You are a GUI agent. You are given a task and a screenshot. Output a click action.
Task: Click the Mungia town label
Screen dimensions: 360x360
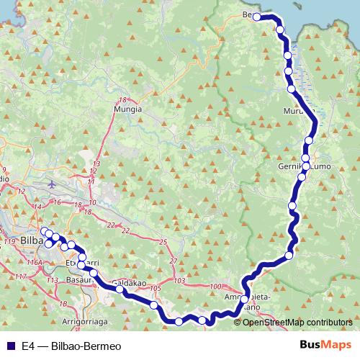(127, 109)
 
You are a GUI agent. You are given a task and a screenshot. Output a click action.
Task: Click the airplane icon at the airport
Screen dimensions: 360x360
(52, 183)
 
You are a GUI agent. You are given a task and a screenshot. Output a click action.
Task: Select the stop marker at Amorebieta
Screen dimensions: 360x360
(245, 299)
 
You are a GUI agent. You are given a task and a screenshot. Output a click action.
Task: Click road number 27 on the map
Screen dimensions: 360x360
(172, 260)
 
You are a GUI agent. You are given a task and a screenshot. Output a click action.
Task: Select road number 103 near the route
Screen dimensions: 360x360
(179, 279)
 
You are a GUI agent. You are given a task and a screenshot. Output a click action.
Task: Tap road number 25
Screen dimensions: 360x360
(163, 242)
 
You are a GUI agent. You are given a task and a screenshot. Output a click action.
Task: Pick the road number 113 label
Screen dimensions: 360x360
(51, 280)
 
